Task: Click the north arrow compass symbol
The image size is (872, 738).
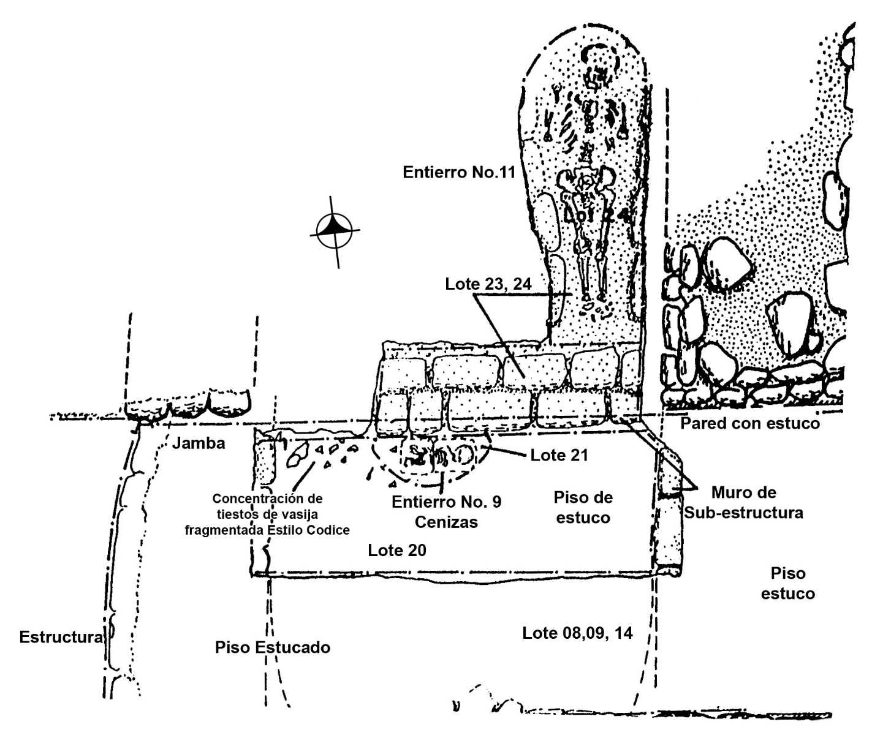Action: coord(335,230)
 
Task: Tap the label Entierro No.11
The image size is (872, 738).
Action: coord(458,172)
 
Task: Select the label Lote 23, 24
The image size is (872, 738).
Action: coord(488,284)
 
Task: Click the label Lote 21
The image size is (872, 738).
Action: coord(559,454)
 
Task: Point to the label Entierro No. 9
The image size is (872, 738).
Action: coord(446,502)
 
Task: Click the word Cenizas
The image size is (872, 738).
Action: coord(445,522)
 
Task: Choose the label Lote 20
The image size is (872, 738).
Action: coord(397,550)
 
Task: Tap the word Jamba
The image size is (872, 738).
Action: coord(199,443)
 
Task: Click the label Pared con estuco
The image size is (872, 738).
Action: coord(750,423)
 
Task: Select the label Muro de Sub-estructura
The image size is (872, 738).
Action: coord(743,502)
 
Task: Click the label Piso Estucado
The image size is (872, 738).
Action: coord(273,647)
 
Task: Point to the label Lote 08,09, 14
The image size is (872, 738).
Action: coord(577,633)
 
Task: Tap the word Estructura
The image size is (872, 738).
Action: coord(61,637)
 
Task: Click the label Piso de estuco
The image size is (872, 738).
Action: coord(582,507)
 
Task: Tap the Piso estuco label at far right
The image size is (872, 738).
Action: coord(788,583)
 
